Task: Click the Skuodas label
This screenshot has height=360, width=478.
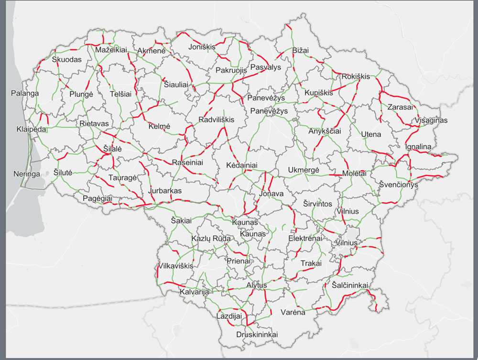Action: (x=66, y=60)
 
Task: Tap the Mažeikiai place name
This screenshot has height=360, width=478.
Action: (x=111, y=50)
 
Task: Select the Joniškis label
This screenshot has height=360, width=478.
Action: (x=202, y=47)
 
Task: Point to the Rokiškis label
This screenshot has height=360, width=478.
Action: (x=356, y=76)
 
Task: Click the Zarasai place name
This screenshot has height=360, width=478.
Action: (x=400, y=107)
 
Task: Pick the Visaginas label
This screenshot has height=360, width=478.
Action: (x=431, y=120)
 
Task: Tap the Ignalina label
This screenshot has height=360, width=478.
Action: (x=418, y=147)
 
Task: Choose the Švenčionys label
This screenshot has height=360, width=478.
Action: (x=398, y=185)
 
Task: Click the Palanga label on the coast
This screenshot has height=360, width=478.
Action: (x=25, y=94)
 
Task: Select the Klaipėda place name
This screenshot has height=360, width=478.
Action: (x=32, y=130)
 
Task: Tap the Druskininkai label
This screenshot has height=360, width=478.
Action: (x=257, y=335)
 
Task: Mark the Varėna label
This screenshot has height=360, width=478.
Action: (x=293, y=313)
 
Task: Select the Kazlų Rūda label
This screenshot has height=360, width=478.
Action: (x=211, y=239)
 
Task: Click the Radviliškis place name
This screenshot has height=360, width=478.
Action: (x=217, y=120)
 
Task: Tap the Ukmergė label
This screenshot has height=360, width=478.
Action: (x=304, y=170)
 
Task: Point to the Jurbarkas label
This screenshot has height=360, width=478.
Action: (x=165, y=191)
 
